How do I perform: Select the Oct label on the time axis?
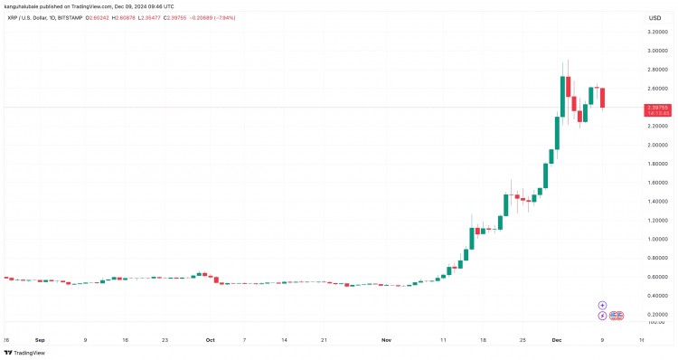tap(210, 339)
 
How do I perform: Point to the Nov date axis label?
tap(386, 339)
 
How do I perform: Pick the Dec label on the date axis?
tap(557, 339)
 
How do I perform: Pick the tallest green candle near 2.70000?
tap(562, 96)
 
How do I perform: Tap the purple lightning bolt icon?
tap(603, 315)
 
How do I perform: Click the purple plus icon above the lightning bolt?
tap(603, 305)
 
